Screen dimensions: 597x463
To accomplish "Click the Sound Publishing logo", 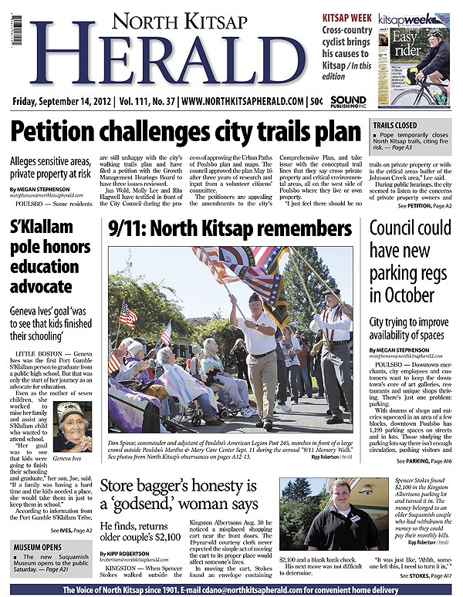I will point(347,101).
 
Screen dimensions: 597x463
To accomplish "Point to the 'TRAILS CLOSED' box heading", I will point(398,125).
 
